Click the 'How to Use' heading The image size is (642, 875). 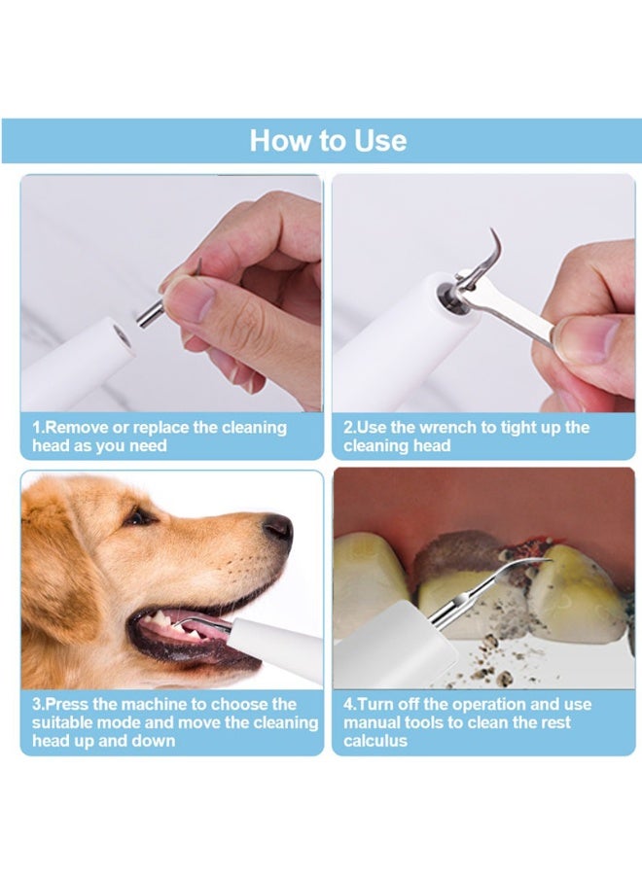pos(328,141)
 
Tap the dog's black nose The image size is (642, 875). pos(277,527)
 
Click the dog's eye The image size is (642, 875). pos(139,516)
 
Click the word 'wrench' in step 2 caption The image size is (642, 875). pos(441,428)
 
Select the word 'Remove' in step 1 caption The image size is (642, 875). pos(76,428)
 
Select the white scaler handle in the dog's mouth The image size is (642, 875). pos(277,646)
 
